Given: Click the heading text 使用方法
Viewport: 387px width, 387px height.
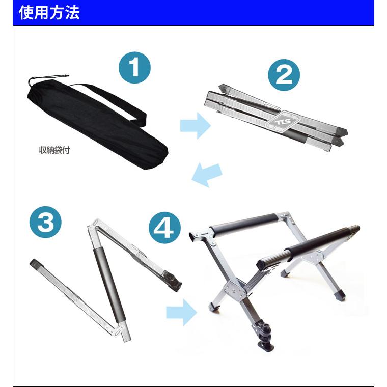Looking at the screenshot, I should point(49,13).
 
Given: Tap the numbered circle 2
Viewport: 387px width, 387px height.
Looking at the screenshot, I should point(284,75).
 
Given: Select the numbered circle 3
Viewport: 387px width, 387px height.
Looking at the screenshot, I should point(45,224).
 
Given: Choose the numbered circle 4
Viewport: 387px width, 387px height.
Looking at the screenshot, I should point(164,229).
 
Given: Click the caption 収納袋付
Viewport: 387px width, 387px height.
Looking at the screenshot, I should point(54,150).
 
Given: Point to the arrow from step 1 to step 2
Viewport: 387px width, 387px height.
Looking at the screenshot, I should point(195,125).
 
